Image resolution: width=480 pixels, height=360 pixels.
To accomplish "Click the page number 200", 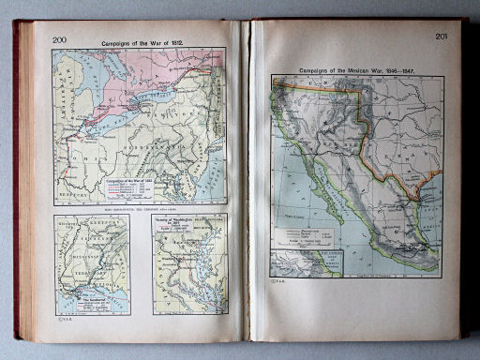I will (x=59, y=39).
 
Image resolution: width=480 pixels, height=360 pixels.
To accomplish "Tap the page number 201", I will (x=442, y=37).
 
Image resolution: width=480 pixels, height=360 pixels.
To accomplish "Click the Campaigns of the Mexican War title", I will (x=355, y=70).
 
